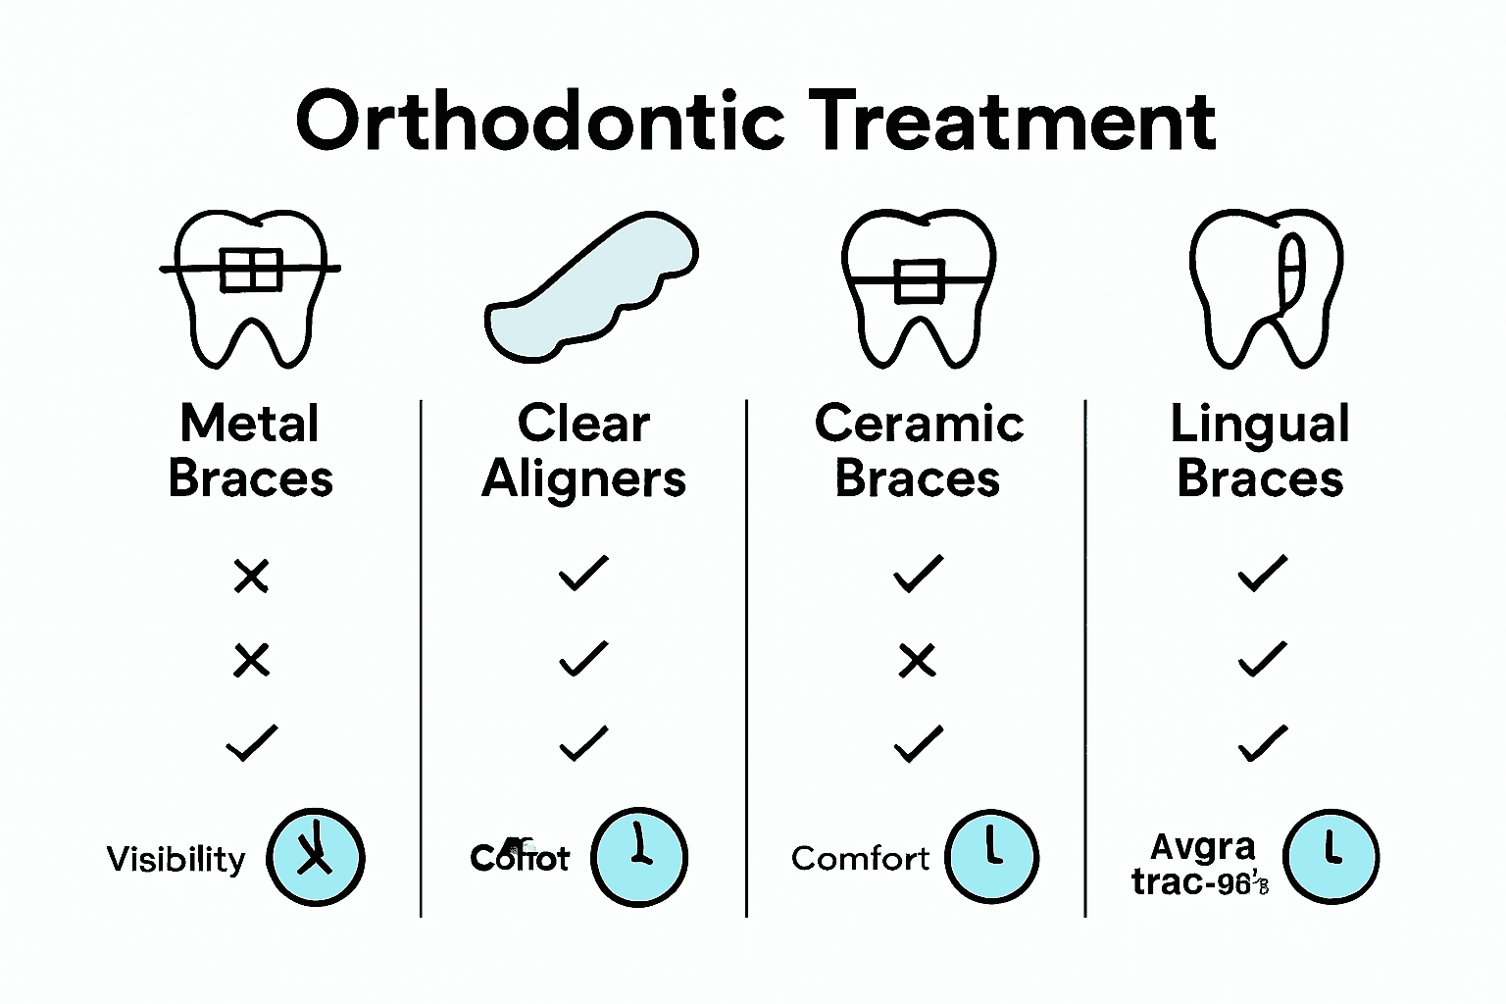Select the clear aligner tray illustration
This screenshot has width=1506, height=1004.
(590, 286)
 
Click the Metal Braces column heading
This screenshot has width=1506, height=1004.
(251, 451)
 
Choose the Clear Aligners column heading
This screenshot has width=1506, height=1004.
(584, 451)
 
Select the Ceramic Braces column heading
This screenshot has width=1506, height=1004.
(919, 451)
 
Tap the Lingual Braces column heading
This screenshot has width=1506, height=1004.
(1261, 451)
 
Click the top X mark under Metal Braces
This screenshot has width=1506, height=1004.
(251, 576)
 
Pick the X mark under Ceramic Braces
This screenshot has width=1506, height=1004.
(918, 661)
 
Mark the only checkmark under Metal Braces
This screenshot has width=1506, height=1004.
(252, 743)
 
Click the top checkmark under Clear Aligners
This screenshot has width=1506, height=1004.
(583, 574)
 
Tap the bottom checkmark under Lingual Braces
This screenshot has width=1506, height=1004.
(1263, 743)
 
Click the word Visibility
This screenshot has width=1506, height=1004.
(176, 859)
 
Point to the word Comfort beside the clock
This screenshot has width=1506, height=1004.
(860, 859)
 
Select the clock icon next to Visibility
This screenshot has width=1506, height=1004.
(316, 857)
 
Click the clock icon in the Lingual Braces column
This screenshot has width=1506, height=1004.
(1330, 856)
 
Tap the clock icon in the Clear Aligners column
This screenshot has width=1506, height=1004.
(639, 857)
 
